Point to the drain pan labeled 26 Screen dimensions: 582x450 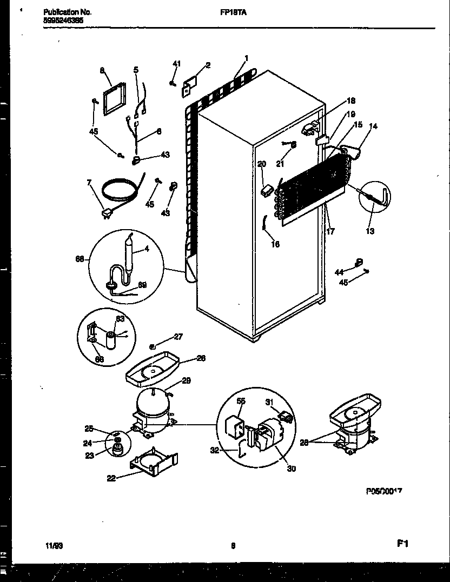[151, 372]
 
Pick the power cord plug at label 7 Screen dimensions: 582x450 [107, 215]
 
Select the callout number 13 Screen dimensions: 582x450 [370, 231]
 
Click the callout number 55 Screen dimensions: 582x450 [241, 402]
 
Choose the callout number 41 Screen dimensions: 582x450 [176, 64]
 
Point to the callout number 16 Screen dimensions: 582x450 [275, 244]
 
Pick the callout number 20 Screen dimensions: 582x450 [262, 164]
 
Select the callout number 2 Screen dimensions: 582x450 [208, 65]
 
